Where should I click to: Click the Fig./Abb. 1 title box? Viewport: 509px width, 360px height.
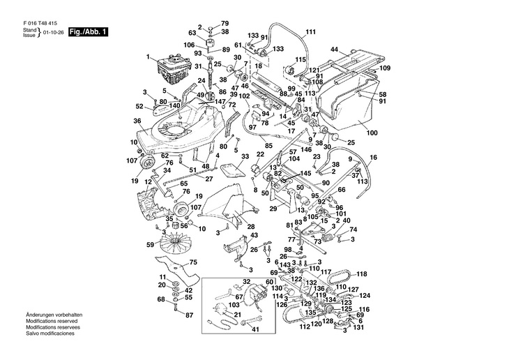(88, 32)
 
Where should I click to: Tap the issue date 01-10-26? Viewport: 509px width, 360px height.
(53, 33)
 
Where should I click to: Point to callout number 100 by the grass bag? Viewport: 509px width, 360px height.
(372, 133)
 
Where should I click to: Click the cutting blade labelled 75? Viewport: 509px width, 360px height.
(177, 270)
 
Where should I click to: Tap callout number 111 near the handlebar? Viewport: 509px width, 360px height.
(311, 32)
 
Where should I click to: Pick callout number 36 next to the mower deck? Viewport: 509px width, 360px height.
(137, 121)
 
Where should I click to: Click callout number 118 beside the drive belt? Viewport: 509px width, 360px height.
(362, 274)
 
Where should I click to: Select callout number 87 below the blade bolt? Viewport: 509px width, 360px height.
(189, 315)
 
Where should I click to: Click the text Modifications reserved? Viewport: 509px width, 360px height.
(52, 321)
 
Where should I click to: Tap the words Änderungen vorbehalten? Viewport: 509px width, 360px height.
(54, 315)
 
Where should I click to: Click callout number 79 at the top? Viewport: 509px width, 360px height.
(225, 24)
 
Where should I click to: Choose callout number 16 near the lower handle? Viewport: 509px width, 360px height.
(373, 158)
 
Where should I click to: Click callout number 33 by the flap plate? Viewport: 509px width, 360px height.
(245, 156)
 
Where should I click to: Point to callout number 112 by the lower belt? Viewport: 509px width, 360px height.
(305, 327)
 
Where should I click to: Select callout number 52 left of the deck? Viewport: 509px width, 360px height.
(139, 106)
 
